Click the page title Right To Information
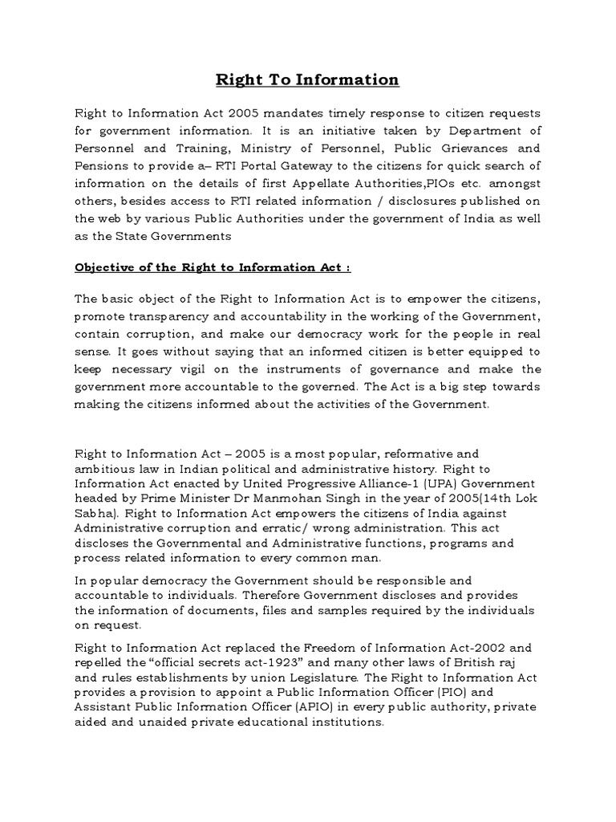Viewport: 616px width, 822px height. [x=308, y=79]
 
